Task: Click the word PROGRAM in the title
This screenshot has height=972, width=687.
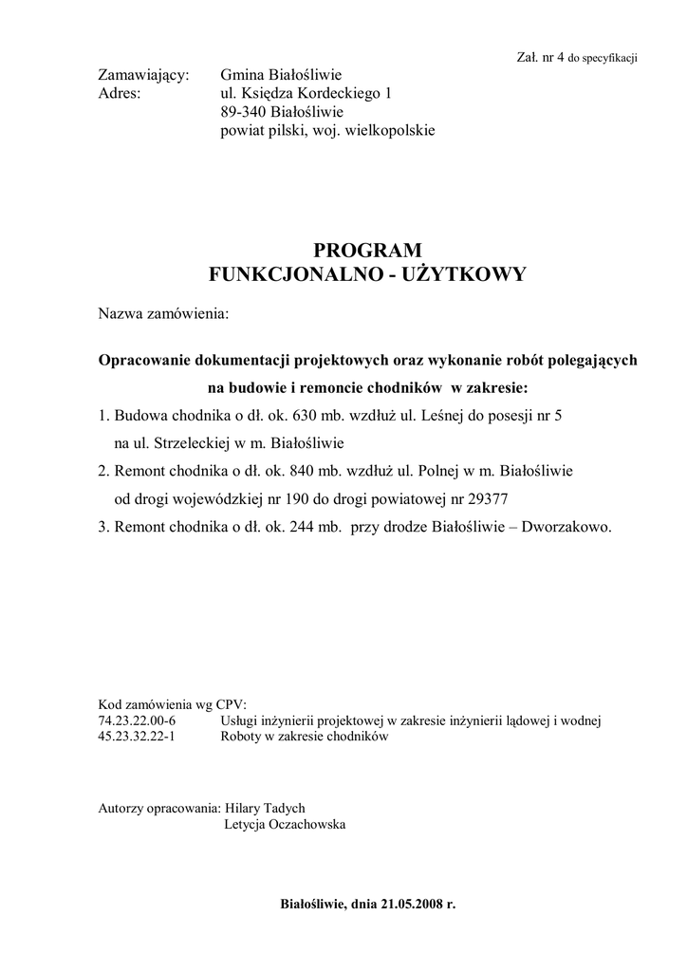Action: coord(366,251)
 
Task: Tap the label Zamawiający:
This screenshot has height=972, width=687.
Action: coord(144,75)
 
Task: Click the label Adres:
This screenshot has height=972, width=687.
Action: coord(120,94)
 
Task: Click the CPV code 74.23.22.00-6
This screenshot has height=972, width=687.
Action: coord(138,721)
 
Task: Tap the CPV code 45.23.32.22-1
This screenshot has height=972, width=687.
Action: coord(138,737)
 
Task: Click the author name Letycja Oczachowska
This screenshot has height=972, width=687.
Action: coord(285,824)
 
